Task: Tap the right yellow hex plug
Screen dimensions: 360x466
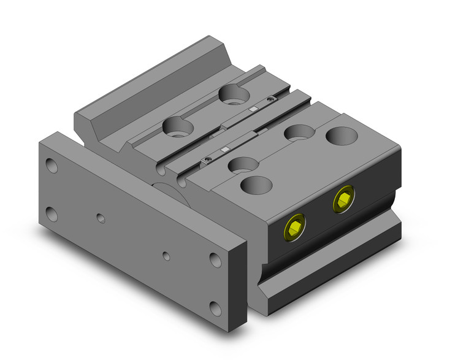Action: pos(344,199)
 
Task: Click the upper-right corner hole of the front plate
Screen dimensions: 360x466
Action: pos(215,260)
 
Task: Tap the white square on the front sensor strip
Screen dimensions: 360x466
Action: pos(225,149)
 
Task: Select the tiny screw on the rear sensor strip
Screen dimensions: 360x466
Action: pos(269,98)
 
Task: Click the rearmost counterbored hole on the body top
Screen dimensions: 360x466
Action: pos(233,94)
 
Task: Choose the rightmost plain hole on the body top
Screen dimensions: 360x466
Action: pos(342,135)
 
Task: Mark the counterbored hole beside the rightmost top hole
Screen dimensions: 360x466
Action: pos(299,131)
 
